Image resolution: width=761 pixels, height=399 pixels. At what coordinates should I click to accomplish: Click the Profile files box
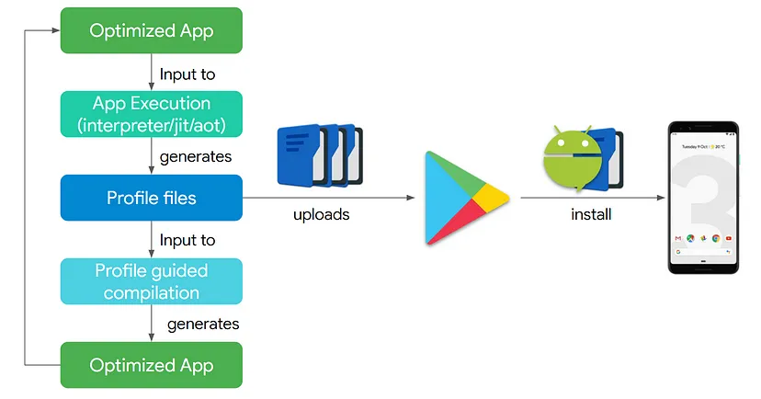click(x=152, y=198)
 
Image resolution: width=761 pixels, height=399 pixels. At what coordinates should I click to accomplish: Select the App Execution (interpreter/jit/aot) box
click(x=152, y=114)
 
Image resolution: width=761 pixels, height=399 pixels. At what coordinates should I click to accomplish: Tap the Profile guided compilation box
click(x=152, y=281)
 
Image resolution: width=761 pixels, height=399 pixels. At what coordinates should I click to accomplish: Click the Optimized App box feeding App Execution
click(x=152, y=30)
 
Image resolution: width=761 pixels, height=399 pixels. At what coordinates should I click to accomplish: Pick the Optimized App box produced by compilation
click(x=152, y=365)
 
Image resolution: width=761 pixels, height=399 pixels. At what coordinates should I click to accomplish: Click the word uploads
click(x=322, y=214)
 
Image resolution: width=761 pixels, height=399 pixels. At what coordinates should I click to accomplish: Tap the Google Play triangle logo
click(x=465, y=198)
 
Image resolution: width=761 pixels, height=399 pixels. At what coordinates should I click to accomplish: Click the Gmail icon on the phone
click(x=679, y=238)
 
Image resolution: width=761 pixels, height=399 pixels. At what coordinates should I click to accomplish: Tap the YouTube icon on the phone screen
click(x=728, y=238)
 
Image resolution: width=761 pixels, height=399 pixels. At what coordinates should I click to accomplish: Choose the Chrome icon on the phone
click(x=716, y=238)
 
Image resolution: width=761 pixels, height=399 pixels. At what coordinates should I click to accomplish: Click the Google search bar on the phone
click(x=704, y=252)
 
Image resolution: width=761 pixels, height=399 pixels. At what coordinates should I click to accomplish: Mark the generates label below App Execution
click(x=195, y=156)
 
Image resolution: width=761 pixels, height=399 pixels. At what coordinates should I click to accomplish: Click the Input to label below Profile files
click(x=187, y=240)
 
